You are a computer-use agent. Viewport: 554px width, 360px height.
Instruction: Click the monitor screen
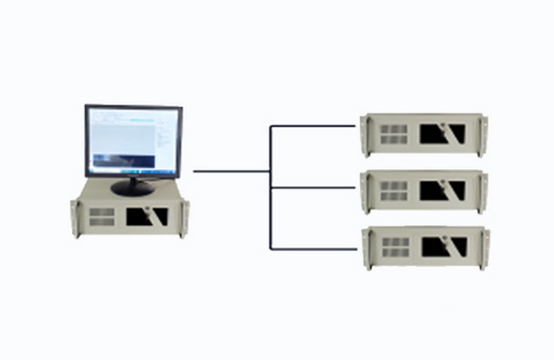coord(133,141)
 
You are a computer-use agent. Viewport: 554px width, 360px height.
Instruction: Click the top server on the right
coord(425,134)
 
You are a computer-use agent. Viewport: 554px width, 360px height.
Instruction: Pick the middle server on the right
coord(425,191)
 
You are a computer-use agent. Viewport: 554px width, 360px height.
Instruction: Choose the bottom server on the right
coord(425,247)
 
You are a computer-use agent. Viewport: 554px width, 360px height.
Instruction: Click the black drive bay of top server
coord(441,134)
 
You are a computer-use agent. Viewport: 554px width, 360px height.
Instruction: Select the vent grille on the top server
coord(394,134)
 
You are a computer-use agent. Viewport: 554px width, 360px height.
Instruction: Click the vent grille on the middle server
coord(394,191)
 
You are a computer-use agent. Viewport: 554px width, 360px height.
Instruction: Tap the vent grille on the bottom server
coord(394,247)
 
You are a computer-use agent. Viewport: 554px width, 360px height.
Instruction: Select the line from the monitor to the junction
coord(231,171)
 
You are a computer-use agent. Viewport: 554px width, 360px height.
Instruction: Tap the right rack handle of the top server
coord(484,134)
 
